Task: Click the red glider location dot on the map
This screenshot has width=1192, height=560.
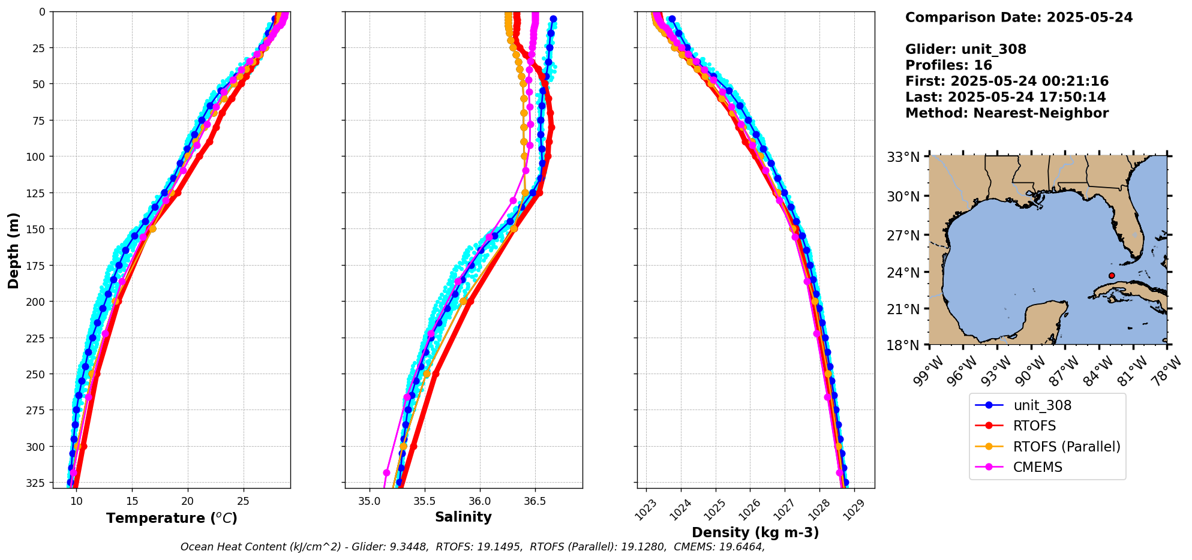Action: (x=1112, y=276)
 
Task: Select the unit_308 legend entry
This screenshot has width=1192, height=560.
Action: (x=1042, y=405)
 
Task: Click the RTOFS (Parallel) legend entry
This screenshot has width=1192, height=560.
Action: (x=1066, y=447)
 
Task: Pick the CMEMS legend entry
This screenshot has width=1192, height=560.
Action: (x=1037, y=467)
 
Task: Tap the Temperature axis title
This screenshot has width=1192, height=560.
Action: (x=172, y=518)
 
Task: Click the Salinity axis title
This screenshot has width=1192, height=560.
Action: (x=463, y=517)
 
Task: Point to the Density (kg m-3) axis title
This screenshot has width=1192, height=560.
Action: (x=755, y=532)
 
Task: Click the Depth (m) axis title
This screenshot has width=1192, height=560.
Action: (x=13, y=250)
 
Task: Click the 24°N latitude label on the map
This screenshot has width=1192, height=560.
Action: (x=903, y=273)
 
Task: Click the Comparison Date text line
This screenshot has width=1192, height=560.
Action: (x=1019, y=17)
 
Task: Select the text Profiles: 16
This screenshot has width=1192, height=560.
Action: (x=948, y=65)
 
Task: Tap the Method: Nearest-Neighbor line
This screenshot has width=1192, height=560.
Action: (x=1007, y=113)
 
